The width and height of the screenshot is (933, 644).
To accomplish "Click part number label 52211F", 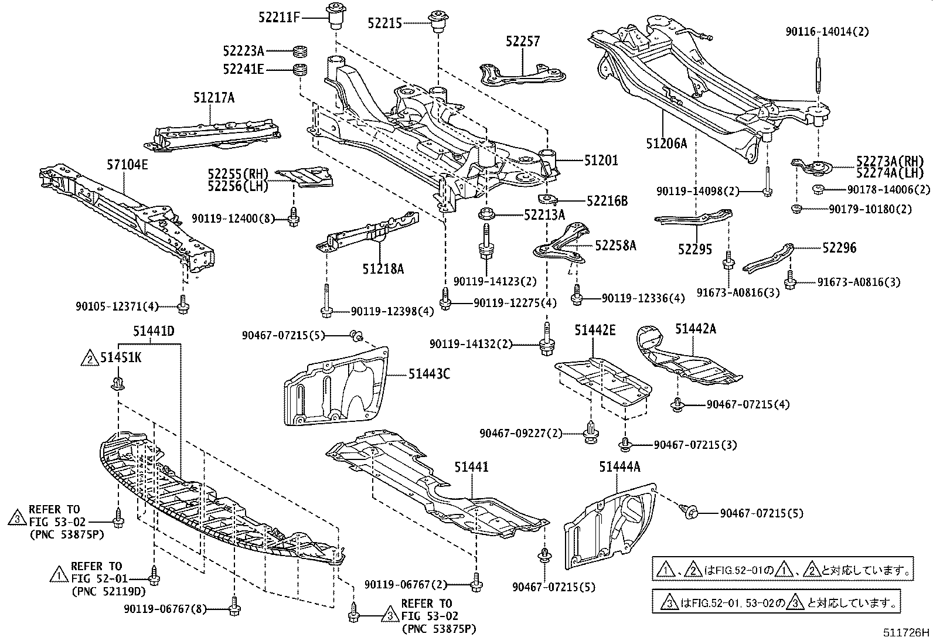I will pyautogui.click(x=279, y=17).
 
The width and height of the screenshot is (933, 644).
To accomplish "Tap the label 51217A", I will pyautogui.click(x=214, y=98).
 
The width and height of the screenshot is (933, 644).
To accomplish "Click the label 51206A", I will pyautogui.click(x=666, y=142).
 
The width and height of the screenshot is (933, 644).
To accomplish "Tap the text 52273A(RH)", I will pyautogui.click(x=890, y=161).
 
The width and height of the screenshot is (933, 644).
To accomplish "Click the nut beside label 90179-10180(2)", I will pyautogui.click(x=796, y=209).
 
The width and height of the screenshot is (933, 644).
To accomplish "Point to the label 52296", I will pyautogui.click(x=839, y=248).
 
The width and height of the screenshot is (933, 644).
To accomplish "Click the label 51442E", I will pyautogui.click(x=594, y=330).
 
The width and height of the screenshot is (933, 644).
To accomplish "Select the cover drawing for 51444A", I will pyautogui.click(x=609, y=524).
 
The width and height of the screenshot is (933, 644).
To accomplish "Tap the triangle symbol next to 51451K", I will pyautogui.click(x=90, y=358).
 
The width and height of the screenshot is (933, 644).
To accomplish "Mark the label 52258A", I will pyautogui.click(x=615, y=246).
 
